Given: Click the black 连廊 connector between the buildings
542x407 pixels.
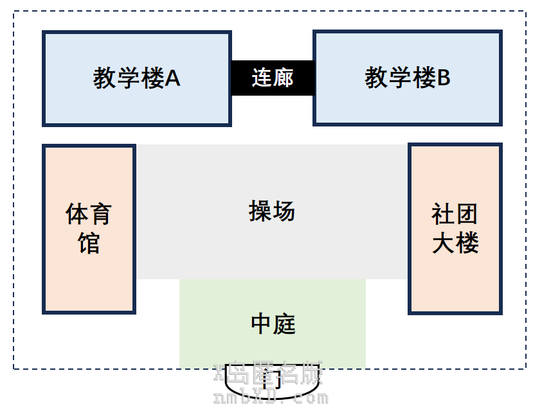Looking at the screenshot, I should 272,78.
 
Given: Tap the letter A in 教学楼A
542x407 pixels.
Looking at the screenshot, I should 172,78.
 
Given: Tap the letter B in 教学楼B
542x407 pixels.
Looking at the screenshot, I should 444,78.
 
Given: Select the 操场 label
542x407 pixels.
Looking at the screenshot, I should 271,211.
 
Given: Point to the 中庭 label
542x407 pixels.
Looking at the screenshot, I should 273,324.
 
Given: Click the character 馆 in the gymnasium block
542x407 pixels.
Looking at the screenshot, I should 89,243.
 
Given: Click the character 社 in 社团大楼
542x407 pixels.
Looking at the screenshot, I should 443,214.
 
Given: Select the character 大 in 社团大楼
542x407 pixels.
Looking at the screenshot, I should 443,243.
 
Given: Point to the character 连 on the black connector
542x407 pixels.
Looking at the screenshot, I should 261,78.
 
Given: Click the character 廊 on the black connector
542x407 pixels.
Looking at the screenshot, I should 283,78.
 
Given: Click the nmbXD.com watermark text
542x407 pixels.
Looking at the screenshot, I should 270,398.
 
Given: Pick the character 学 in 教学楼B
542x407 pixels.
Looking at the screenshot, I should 400,78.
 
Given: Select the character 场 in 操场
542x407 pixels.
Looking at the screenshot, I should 283,211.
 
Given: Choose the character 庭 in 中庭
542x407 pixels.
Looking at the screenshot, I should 284,324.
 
